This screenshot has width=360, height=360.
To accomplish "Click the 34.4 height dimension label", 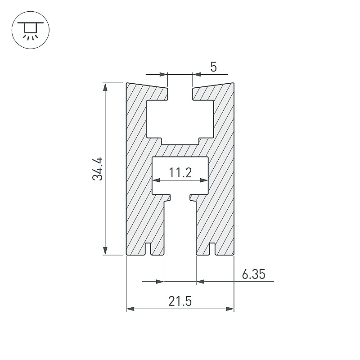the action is click(x=98, y=169).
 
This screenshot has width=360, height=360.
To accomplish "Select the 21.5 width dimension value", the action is click(x=180, y=301).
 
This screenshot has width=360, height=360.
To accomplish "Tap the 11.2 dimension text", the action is click(x=180, y=173).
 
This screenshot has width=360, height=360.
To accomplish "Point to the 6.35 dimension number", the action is click(x=254, y=274).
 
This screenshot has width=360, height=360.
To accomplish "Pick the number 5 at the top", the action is click(x=213, y=67).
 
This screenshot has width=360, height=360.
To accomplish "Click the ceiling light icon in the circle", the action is click(x=31, y=30).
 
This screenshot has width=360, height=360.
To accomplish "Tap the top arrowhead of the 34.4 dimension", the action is click(x=105, y=87).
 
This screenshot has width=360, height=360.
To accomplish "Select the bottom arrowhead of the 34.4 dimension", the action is click(x=105, y=251).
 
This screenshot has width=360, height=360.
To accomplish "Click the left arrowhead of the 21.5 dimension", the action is click(x=130, y=309).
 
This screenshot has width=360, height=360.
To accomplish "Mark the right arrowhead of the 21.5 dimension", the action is click(x=230, y=309).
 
